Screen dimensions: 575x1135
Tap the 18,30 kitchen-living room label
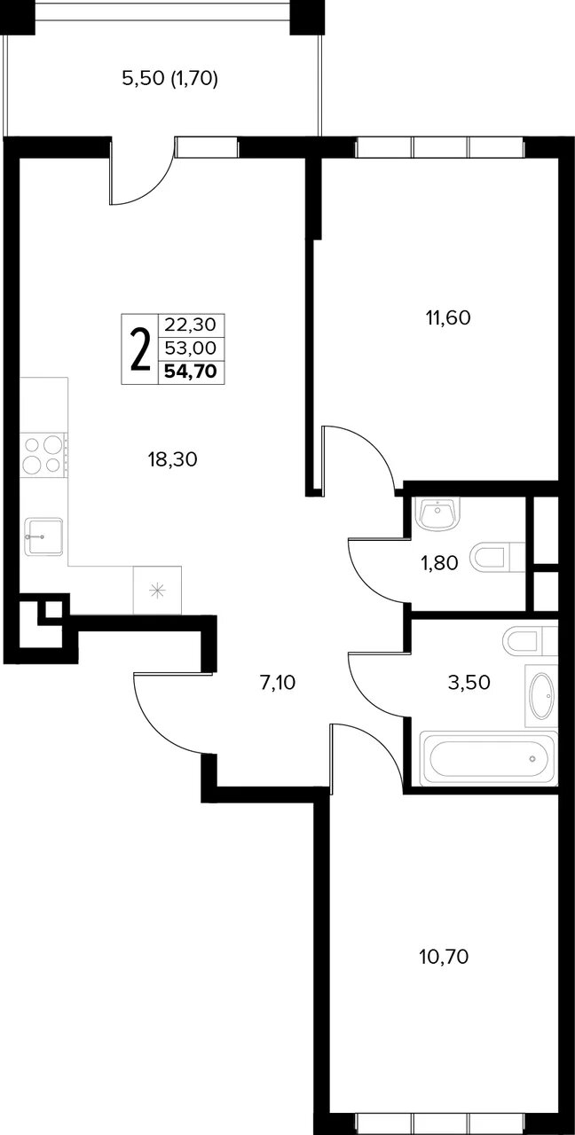[172, 459]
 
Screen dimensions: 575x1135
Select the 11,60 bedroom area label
[448, 317]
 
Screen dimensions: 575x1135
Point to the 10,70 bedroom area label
[445, 957]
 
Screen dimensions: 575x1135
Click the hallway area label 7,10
[278, 683]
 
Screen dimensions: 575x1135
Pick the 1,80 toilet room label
[439, 562]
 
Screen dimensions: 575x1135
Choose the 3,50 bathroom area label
[469, 683]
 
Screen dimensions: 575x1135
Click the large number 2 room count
[140, 349]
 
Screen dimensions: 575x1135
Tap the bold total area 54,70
[191, 372]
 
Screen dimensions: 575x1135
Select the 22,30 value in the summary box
[191, 325]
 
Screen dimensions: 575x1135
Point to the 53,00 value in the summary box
[191, 348]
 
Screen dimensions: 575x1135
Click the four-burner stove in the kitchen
[43, 455]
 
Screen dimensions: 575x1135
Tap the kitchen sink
[43, 536]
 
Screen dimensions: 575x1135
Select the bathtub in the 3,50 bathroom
[488, 759]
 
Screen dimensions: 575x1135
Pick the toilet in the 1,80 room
[498, 557]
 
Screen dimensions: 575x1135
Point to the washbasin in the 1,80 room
[437, 513]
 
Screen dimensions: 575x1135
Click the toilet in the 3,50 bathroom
[530, 641]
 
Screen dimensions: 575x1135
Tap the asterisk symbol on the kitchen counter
[157, 591]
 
